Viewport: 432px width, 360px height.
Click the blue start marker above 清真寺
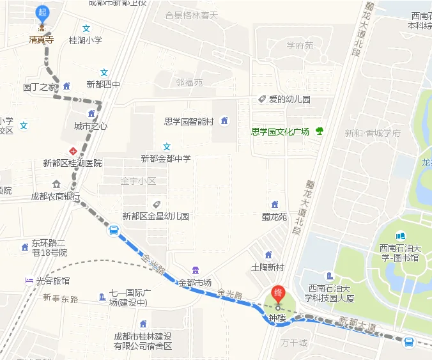click(x=43, y=13)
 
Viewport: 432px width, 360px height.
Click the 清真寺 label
click(x=42, y=40)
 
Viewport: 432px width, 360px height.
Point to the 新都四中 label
click(x=103, y=84)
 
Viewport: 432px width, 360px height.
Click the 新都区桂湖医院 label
click(x=72, y=163)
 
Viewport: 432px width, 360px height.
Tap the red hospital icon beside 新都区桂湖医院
click(x=73, y=152)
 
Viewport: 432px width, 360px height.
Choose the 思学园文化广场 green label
click(x=280, y=132)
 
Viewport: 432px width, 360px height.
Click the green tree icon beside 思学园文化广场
click(x=319, y=131)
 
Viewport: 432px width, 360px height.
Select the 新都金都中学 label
click(x=166, y=158)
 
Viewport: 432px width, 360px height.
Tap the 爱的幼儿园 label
click(x=289, y=99)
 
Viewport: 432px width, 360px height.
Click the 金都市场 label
click(x=195, y=282)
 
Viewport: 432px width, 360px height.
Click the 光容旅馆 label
click(x=53, y=281)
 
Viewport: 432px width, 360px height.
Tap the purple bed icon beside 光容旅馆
click(x=29, y=281)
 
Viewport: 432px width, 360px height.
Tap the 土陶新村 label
click(x=267, y=267)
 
